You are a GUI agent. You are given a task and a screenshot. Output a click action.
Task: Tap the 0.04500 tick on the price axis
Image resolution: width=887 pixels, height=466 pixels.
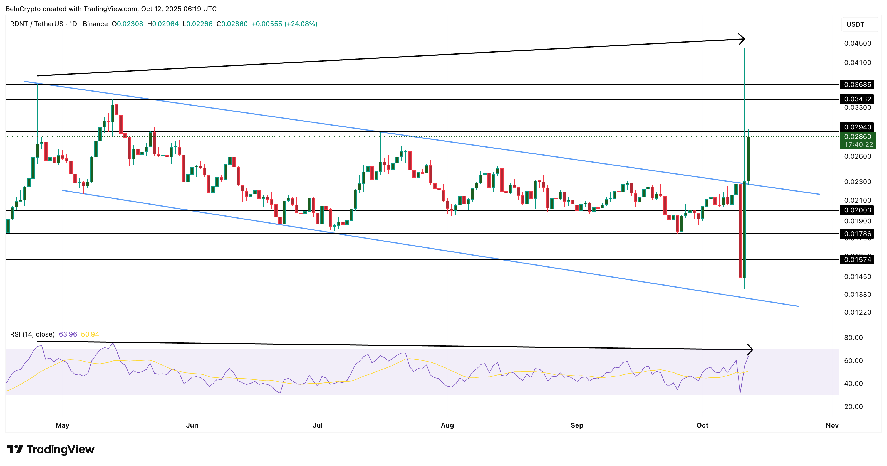(x=858, y=43)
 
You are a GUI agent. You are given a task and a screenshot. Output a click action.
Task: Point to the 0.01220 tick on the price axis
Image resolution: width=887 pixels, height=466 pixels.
(x=858, y=312)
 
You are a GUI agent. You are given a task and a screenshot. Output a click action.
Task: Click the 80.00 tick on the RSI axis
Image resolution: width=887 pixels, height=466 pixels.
(x=853, y=337)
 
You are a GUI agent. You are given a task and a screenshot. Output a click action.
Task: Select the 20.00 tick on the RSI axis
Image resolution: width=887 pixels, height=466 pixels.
(x=853, y=407)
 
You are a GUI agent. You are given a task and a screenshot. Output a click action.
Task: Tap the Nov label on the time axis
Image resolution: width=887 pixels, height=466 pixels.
(x=832, y=425)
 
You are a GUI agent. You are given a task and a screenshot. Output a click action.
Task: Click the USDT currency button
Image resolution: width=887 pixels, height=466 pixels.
(x=855, y=24)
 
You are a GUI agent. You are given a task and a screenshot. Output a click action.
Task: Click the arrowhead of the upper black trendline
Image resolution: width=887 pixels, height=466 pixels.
(x=742, y=39)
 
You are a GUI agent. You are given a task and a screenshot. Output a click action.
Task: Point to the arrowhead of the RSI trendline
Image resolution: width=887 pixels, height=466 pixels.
(x=750, y=350)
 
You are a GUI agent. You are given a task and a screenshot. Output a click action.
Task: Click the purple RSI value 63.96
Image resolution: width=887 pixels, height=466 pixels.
(x=68, y=334)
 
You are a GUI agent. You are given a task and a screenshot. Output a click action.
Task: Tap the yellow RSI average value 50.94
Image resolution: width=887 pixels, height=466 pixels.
(x=90, y=334)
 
